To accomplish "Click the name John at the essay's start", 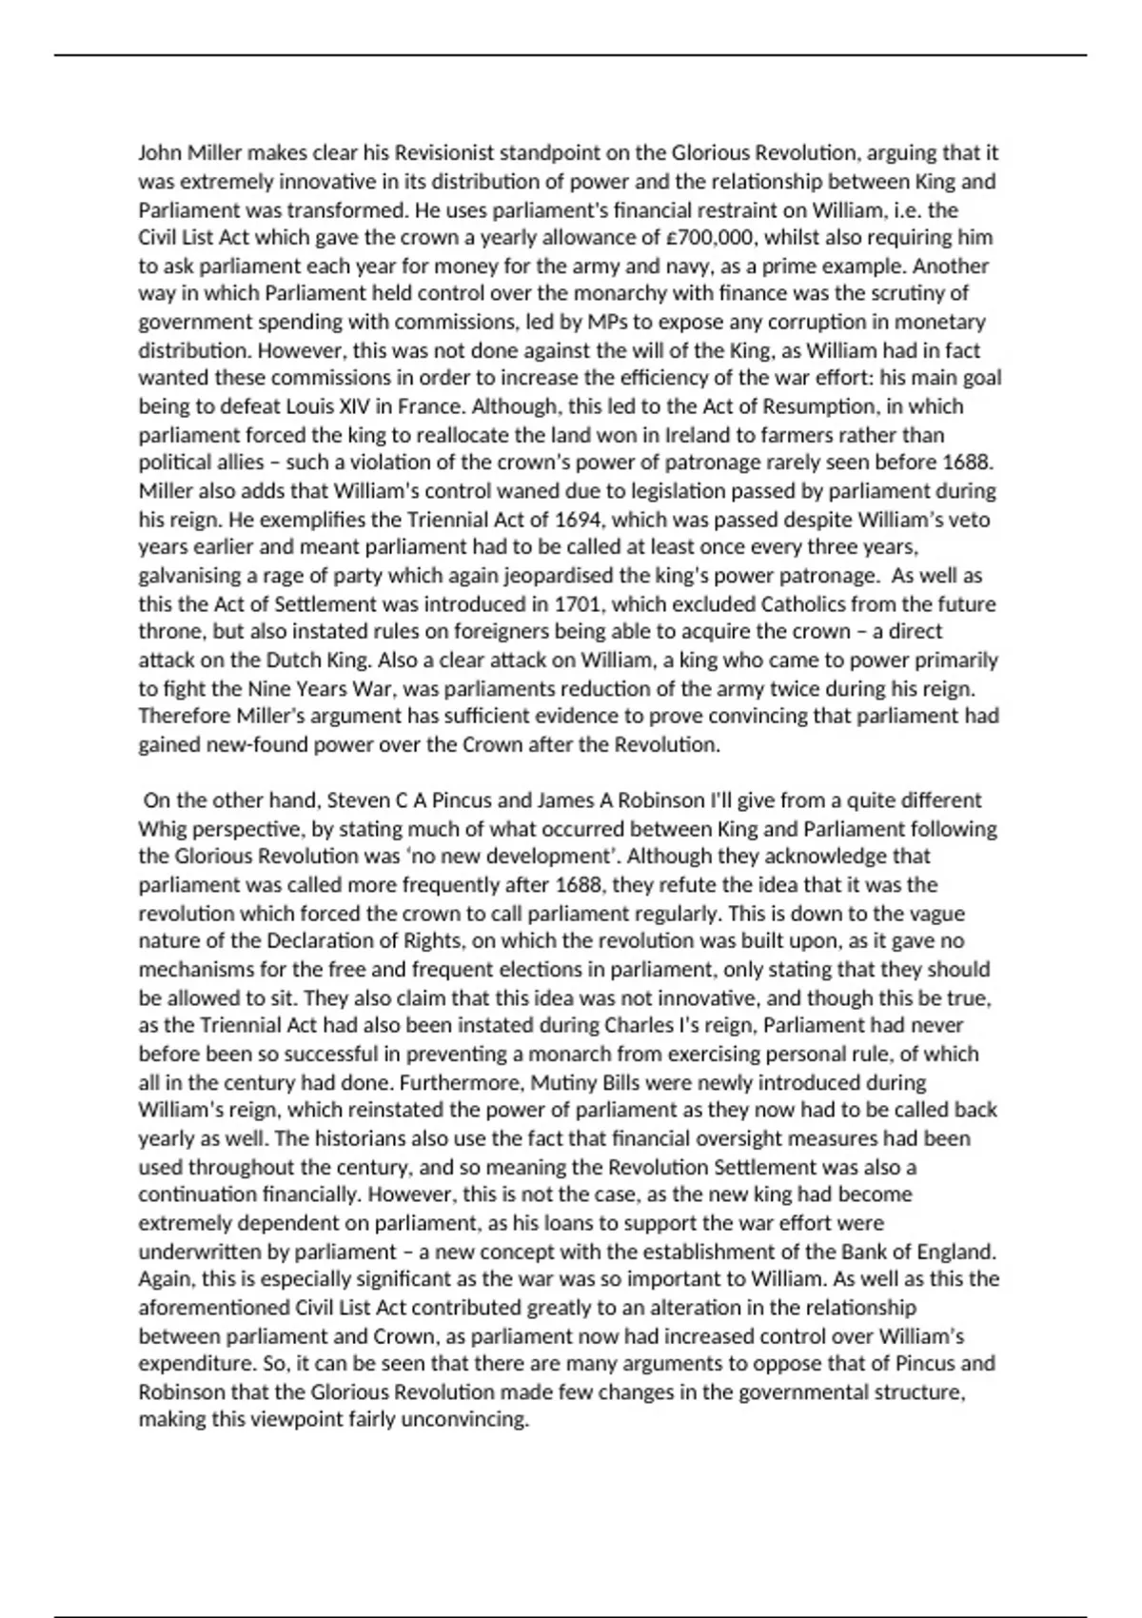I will tap(159, 153).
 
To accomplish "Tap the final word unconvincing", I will tap(465, 1420).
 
